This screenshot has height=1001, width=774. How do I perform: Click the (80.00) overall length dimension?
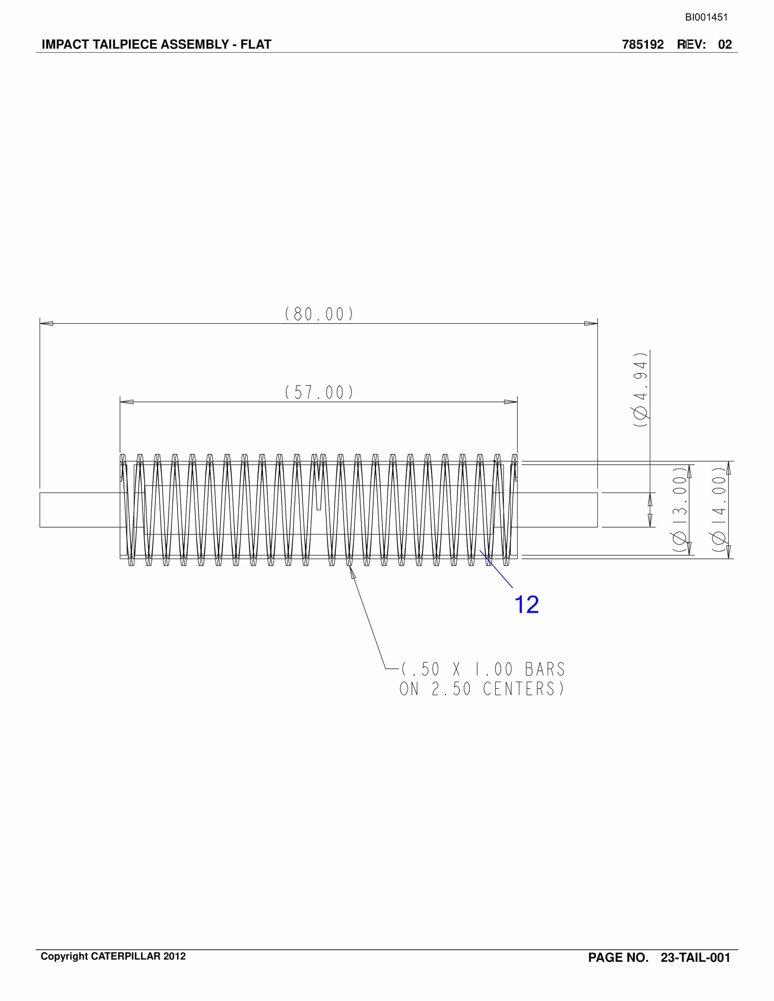pos(319,314)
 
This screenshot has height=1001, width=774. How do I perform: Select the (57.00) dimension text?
pos(319,392)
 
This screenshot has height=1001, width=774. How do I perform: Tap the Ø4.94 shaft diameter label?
pos(641,390)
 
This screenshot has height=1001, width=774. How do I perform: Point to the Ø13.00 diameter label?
pos(680,509)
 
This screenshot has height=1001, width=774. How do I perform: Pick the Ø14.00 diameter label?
pos(719,509)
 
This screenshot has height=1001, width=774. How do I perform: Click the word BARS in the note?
pos(545,670)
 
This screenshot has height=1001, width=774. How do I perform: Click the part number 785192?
pos(643,45)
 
